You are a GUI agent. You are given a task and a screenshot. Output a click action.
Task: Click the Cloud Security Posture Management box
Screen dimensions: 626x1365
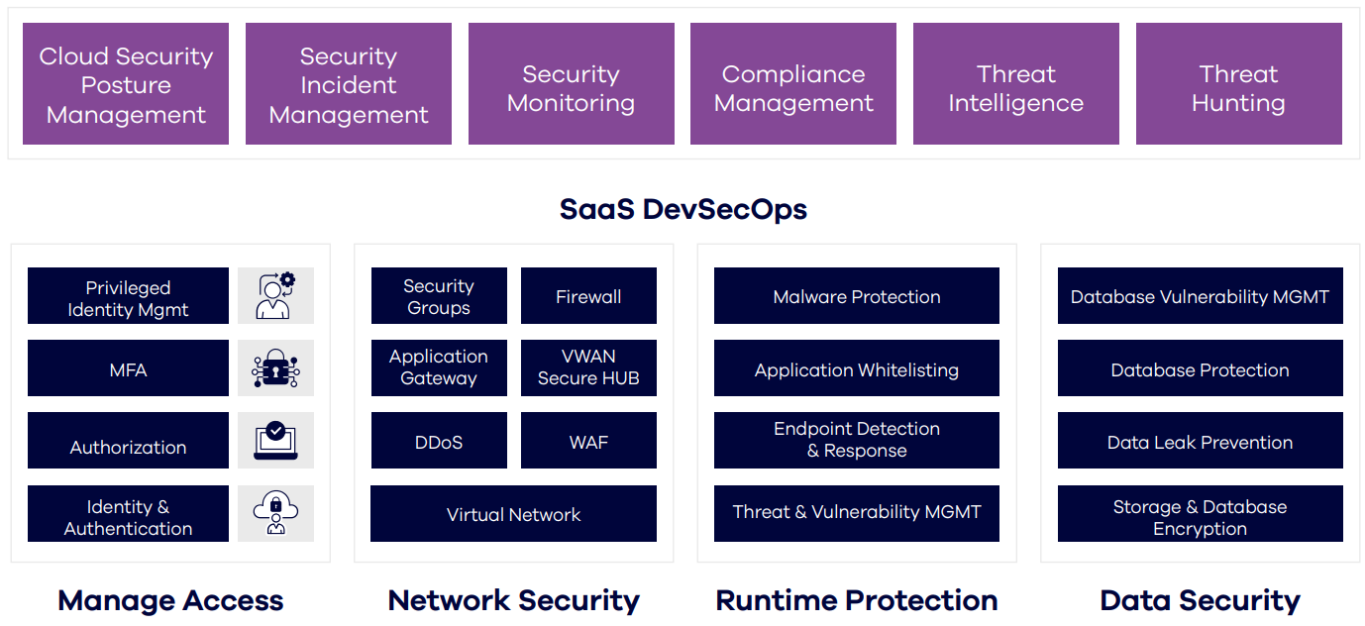(126, 85)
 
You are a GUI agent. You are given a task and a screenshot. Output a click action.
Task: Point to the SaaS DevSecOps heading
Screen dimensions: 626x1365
(682, 209)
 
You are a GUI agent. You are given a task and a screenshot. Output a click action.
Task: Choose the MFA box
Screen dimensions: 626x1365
(128, 368)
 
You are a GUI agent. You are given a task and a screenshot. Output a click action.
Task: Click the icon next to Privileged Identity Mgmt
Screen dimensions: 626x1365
(275, 295)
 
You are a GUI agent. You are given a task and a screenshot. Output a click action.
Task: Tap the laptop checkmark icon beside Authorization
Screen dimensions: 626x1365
(275, 441)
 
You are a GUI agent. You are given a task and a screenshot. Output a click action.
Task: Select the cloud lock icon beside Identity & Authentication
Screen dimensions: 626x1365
(275, 513)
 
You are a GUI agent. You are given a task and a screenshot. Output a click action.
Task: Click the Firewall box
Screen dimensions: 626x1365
(588, 295)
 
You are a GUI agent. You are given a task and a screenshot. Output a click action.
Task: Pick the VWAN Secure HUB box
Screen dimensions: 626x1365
(588, 367)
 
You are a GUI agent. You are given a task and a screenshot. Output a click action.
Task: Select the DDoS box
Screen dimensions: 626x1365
(439, 441)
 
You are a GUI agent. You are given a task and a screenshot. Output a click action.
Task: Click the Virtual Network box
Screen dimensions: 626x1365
(513, 514)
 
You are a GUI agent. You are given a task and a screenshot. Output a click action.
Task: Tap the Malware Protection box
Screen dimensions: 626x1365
(857, 295)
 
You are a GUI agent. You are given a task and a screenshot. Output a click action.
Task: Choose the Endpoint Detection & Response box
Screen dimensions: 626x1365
(857, 441)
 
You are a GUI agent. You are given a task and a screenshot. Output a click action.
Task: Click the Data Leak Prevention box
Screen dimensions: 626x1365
(1200, 441)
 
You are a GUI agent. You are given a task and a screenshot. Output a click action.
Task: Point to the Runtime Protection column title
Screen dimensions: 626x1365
(857, 600)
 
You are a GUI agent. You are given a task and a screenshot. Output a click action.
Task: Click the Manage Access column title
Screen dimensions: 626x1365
(170, 600)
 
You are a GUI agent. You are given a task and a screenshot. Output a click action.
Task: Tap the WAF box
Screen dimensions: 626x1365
(588, 441)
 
